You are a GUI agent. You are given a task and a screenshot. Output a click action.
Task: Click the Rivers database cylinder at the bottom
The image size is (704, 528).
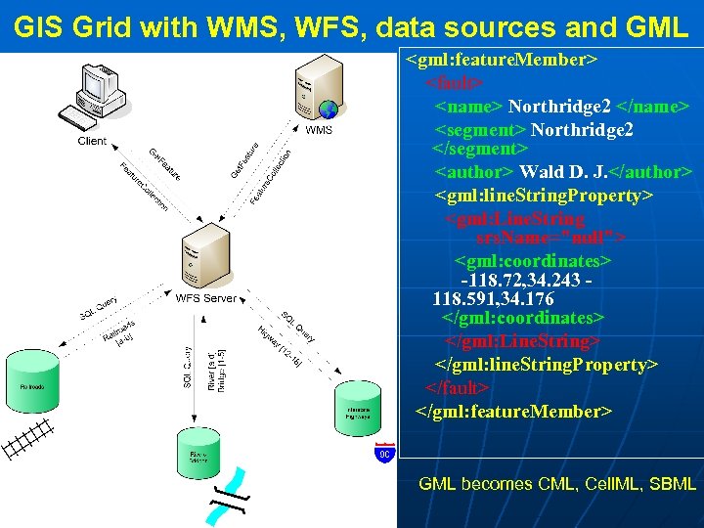click(198, 455)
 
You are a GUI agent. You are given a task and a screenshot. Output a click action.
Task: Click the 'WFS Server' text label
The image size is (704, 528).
click(205, 298)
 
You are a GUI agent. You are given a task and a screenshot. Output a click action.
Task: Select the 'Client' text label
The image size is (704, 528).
click(92, 142)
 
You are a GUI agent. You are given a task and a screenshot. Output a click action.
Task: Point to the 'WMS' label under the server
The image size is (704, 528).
click(319, 130)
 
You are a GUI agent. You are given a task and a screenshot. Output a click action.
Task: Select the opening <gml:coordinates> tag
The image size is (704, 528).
click(533, 262)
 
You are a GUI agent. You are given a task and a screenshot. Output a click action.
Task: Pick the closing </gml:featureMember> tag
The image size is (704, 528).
click(514, 411)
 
